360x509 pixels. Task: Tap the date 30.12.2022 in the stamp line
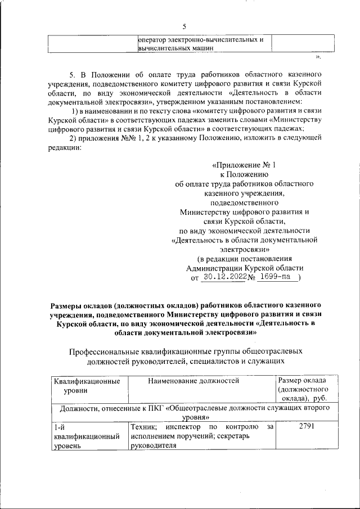pos(224,277)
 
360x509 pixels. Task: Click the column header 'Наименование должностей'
pos(193,381)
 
